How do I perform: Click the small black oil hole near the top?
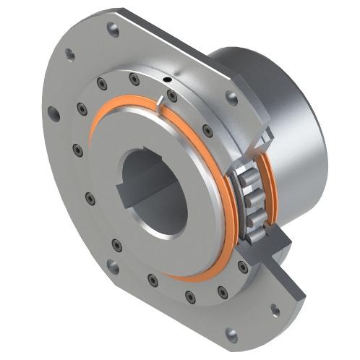point(167,79)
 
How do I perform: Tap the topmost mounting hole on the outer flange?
point(112,30)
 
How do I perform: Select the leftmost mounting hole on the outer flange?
point(53,113)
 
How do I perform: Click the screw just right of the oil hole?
point(172,95)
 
